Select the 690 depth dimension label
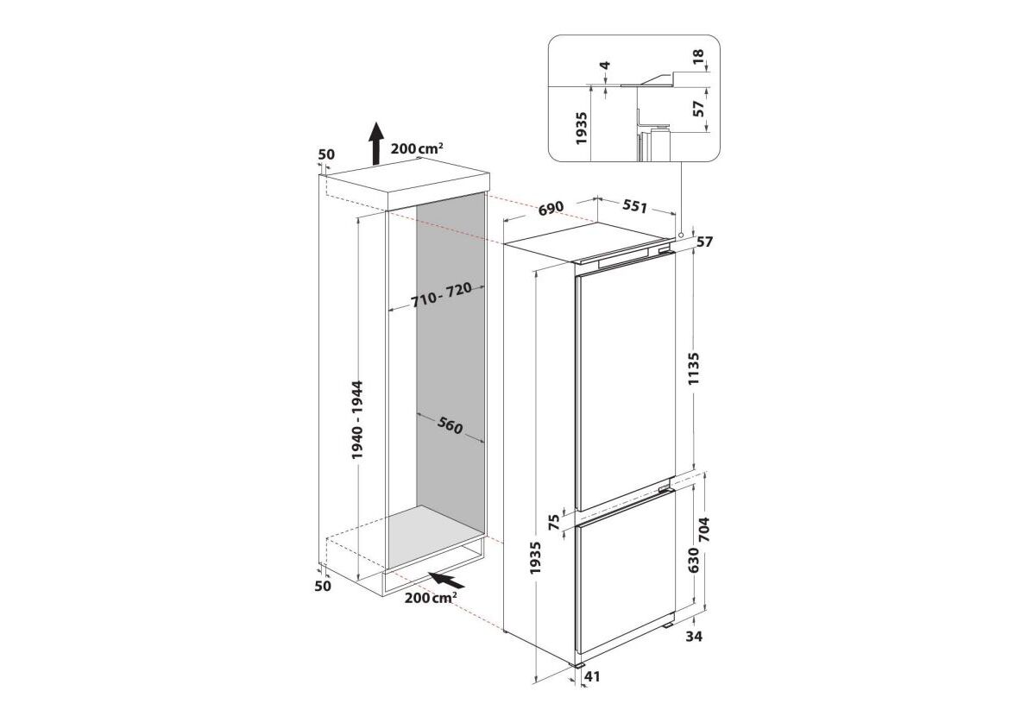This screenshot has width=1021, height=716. [x=551, y=209]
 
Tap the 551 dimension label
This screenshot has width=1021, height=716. [x=634, y=206]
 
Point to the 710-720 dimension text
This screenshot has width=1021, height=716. [x=442, y=296]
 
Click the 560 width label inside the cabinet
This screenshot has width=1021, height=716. [x=450, y=425]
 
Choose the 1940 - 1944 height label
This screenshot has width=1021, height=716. [x=357, y=420]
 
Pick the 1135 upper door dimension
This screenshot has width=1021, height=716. [x=693, y=368]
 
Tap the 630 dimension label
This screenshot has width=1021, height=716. [x=693, y=561]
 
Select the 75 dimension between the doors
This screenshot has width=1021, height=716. [x=554, y=522]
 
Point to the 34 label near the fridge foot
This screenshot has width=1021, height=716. [x=695, y=637]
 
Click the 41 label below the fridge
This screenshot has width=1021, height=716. [x=592, y=677]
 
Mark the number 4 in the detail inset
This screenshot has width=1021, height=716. [x=605, y=66]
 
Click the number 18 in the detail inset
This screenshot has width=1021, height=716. [x=698, y=57]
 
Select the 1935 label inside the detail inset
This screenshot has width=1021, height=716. [x=582, y=129]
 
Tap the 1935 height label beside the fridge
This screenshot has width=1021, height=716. [x=536, y=558]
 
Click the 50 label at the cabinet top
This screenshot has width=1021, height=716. [x=326, y=154]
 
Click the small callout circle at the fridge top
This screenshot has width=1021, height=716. [x=680, y=235]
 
